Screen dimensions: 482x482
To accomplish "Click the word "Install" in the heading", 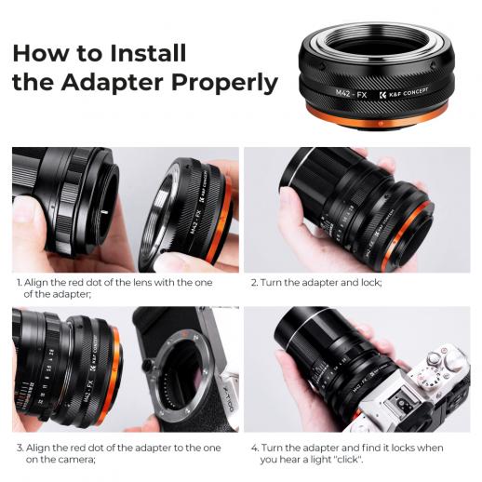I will pos(140,52).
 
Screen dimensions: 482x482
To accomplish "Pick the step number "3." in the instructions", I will pos(19,447).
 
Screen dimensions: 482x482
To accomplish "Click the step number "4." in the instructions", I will pos(255,447).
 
